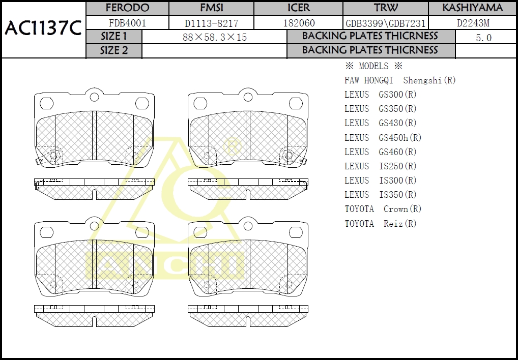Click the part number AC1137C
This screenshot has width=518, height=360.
[x=43, y=28]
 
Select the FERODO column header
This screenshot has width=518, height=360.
[x=127, y=8]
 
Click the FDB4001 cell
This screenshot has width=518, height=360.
[x=127, y=23]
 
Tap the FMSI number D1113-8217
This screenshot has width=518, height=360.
[x=212, y=23]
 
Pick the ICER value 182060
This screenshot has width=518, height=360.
[x=299, y=23]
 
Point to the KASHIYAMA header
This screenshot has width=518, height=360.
[x=472, y=8]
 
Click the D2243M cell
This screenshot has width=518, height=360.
[x=473, y=23]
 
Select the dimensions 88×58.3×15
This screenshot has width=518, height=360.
[x=215, y=37]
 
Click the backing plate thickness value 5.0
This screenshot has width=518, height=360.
[x=483, y=38]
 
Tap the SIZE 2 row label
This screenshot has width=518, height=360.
[x=114, y=50]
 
